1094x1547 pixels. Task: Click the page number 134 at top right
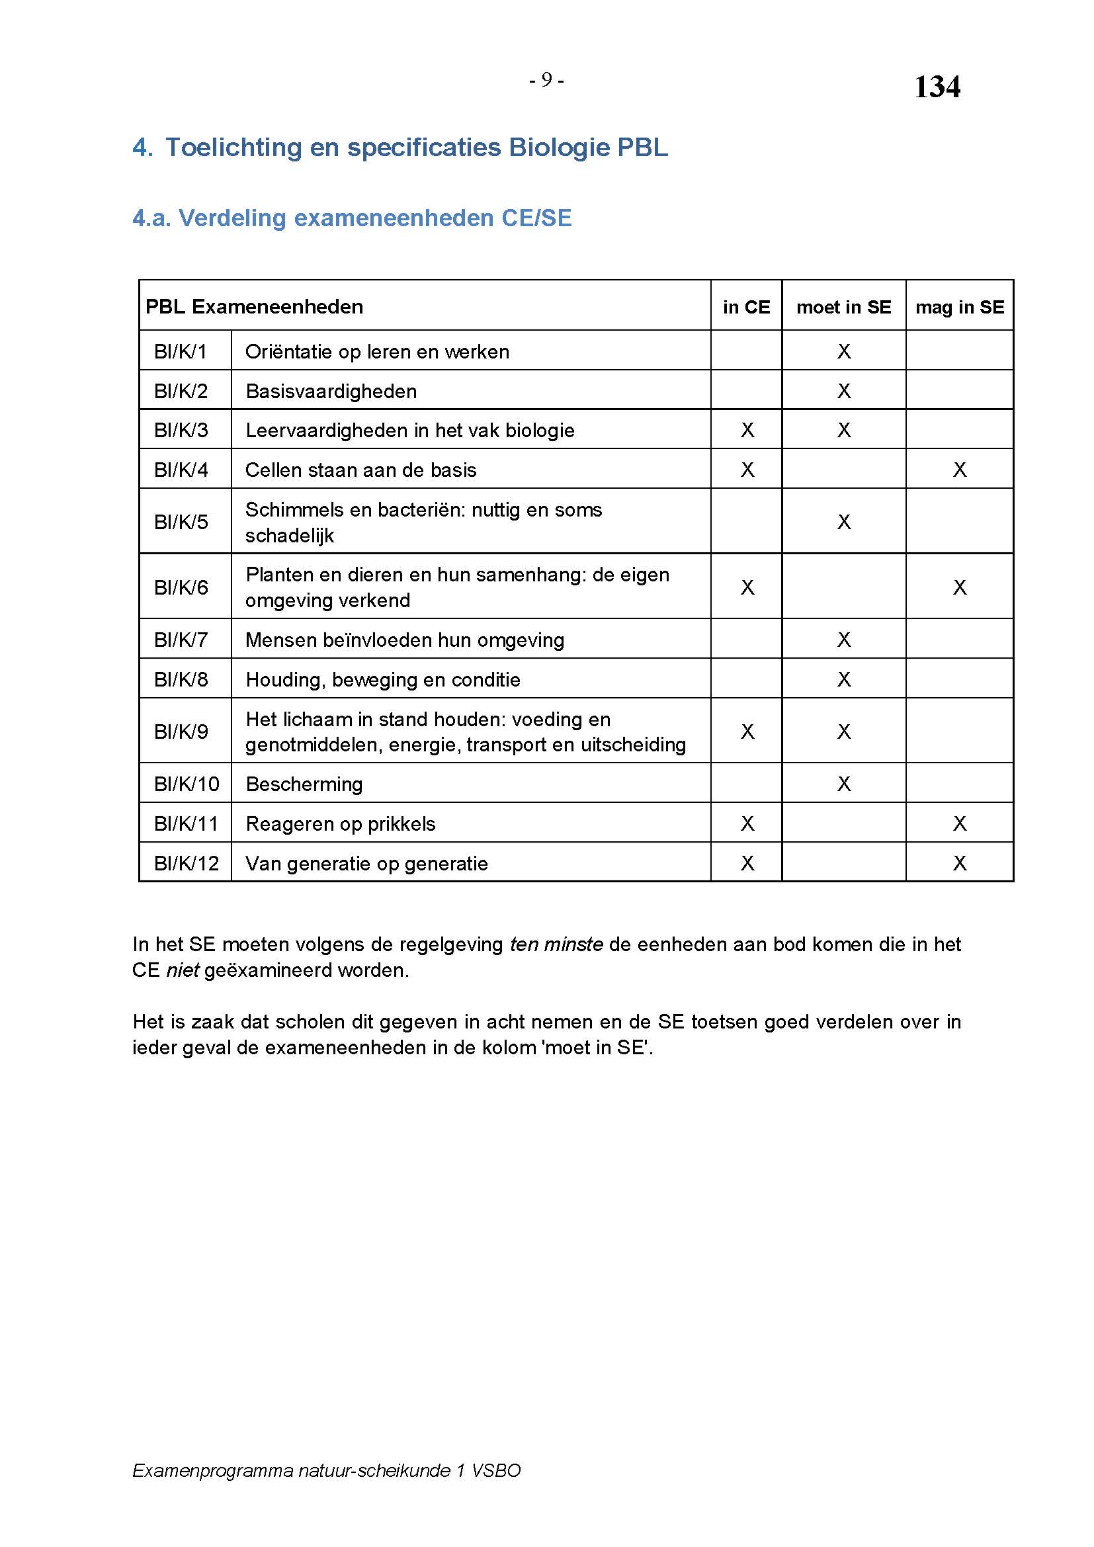pos(937,87)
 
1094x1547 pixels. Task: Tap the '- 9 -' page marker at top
pos(546,80)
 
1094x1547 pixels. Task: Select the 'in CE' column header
pos(746,308)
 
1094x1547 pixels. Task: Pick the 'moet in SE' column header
pos(843,308)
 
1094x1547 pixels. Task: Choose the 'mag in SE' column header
pos(959,308)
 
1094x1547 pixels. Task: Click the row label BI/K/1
pos(181,352)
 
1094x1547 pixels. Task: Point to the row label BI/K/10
pos(187,784)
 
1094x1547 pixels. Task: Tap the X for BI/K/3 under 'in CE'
pos(747,431)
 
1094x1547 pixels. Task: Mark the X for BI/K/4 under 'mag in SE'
pos(960,470)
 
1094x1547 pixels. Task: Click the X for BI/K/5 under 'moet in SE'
pos(844,521)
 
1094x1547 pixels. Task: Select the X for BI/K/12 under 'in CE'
pos(747,863)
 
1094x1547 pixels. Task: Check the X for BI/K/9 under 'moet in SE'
pos(844,732)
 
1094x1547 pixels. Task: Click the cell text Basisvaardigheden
pos(331,392)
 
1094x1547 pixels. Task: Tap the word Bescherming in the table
pos(304,784)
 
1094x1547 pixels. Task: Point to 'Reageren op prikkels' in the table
pos(340,824)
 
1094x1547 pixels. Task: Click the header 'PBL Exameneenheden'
pos(254,308)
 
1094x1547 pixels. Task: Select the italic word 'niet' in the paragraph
pos(183,970)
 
